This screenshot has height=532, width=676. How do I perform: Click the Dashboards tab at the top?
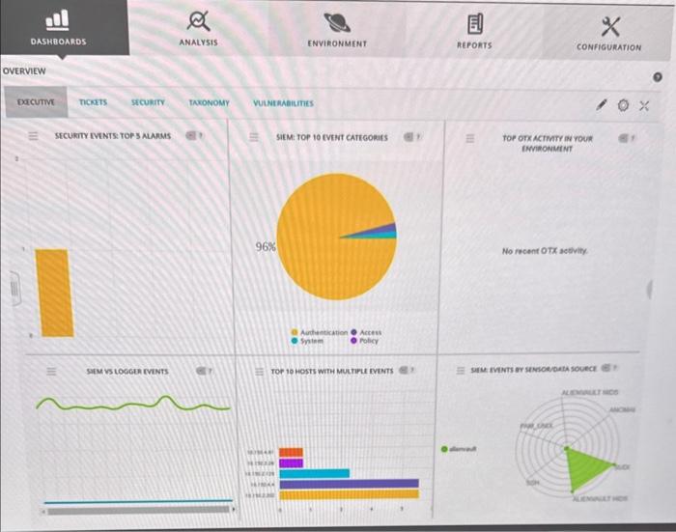point(58,29)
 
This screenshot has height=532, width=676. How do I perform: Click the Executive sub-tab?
point(36,101)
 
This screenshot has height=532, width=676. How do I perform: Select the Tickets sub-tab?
point(94,101)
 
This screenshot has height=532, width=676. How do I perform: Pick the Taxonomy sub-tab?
point(209,102)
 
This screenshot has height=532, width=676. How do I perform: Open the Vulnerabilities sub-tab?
point(283,102)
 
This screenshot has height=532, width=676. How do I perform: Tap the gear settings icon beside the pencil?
point(623,102)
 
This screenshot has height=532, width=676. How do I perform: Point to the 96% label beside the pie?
point(266,246)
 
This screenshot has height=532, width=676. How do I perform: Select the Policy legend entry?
point(368,340)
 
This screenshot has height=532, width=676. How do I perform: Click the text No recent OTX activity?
point(547,251)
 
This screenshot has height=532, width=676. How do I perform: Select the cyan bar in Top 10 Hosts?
point(314,473)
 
